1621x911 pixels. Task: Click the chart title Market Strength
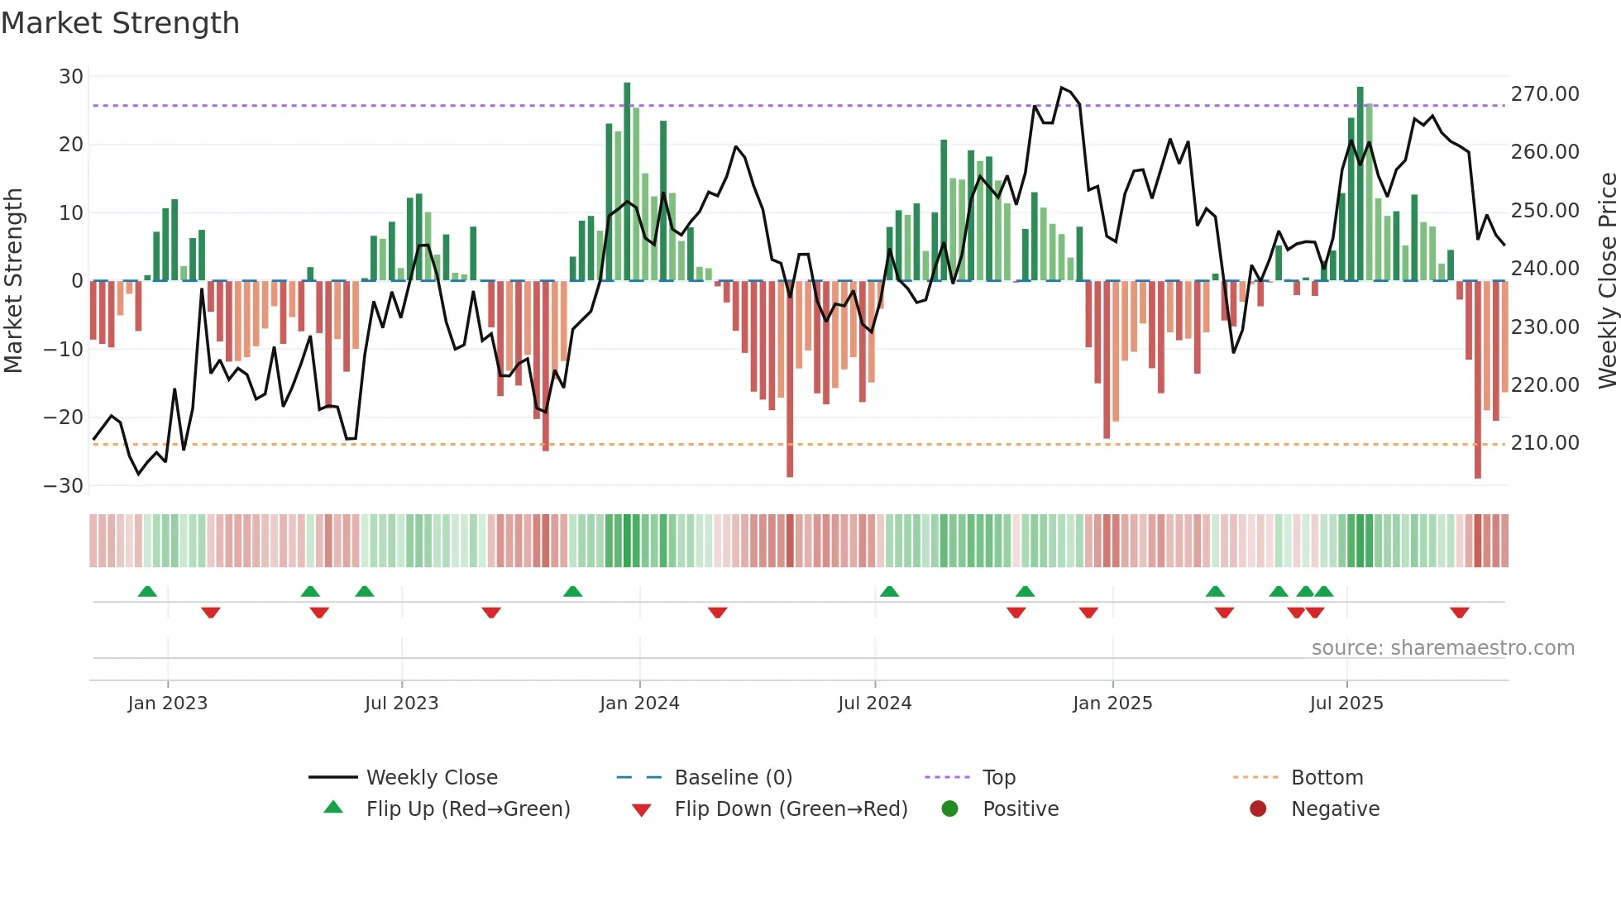(120, 23)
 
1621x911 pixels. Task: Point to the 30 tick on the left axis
(71, 77)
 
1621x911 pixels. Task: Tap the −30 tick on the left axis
(64, 486)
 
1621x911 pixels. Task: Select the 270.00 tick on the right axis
(1544, 94)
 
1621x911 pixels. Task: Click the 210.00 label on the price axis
(1544, 443)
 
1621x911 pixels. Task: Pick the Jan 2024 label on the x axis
(639, 704)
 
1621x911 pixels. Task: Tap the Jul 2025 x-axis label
(1346, 704)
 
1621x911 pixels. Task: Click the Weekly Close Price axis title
(1607, 281)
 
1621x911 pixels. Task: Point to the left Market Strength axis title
(13, 281)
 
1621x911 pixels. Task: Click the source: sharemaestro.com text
(1442, 648)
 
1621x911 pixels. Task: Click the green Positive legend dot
(949, 809)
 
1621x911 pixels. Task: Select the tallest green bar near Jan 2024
(627, 182)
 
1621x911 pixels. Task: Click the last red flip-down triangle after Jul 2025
(1459, 613)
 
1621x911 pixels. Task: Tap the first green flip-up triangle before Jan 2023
(147, 591)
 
